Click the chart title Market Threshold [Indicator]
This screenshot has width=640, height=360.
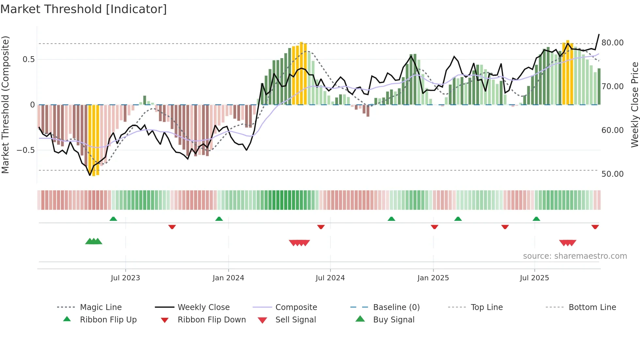pos(84,9)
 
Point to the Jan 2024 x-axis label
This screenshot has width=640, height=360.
pos(228,278)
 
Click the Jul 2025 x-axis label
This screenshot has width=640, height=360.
pos(534,278)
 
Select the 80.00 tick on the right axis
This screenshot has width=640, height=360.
pos(612,43)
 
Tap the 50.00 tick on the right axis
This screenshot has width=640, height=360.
pos(612,174)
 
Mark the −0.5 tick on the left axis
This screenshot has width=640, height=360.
pos(25,150)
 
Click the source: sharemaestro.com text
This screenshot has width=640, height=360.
pos(575,256)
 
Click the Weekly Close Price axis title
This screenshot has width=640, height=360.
pos(634,105)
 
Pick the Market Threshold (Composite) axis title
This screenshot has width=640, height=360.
pos(5,105)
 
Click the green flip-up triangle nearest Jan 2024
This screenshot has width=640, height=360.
pos(219,219)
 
